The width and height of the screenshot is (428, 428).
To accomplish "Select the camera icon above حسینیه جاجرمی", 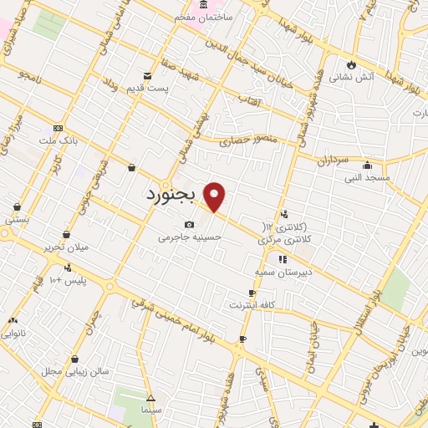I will [x=190, y=224].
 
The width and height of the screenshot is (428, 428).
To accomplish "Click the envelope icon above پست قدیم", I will [x=148, y=76].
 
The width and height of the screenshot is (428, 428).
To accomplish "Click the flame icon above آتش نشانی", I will [x=351, y=64].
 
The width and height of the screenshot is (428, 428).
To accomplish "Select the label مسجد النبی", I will [x=366, y=177].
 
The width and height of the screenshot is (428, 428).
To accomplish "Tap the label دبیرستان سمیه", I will [x=283, y=273].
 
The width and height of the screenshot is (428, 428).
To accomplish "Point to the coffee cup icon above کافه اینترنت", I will [x=252, y=293].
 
